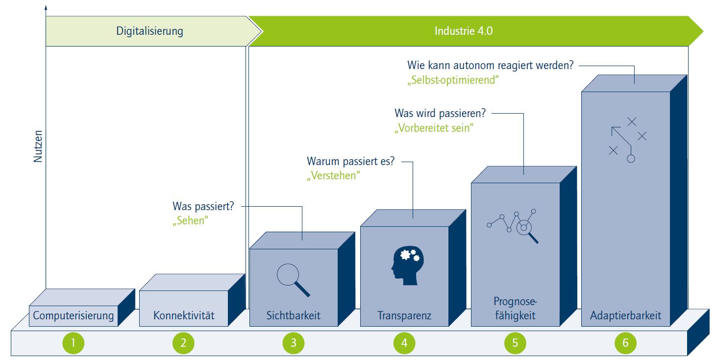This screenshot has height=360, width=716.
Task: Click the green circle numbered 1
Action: (x=73, y=343)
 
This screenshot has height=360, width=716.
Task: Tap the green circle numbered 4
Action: (x=404, y=343)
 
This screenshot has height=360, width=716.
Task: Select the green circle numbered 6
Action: (x=625, y=343)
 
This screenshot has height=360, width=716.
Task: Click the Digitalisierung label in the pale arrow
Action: (x=149, y=31)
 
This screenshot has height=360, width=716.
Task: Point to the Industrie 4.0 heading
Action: (x=464, y=31)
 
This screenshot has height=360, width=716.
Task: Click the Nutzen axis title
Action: (x=38, y=146)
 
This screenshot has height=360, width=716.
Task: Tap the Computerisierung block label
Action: (x=73, y=315)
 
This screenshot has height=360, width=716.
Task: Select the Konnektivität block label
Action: (x=184, y=315)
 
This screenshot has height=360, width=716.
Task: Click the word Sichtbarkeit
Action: (x=294, y=315)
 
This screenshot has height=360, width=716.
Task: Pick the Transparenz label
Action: (x=404, y=315)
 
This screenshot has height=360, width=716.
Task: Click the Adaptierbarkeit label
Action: (x=625, y=315)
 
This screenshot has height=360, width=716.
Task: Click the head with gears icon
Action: (x=408, y=265)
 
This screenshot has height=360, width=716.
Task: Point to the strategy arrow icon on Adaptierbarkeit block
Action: (x=628, y=140)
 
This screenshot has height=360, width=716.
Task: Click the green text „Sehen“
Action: (x=191, y=221)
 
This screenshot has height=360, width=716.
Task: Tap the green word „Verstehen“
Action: (x=333, y=176)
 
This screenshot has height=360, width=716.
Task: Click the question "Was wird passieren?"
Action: (x=440, y=114)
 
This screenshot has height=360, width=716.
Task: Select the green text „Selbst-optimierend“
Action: (x=453, y=80)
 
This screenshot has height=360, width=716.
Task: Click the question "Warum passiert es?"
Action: (x=350, y=161)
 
